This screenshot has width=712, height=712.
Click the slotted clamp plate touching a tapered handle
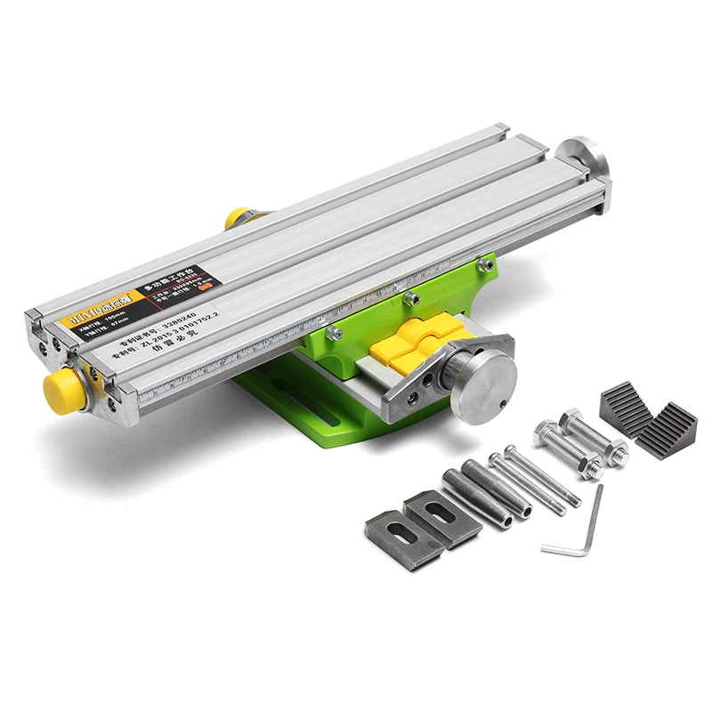coord(441,517)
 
